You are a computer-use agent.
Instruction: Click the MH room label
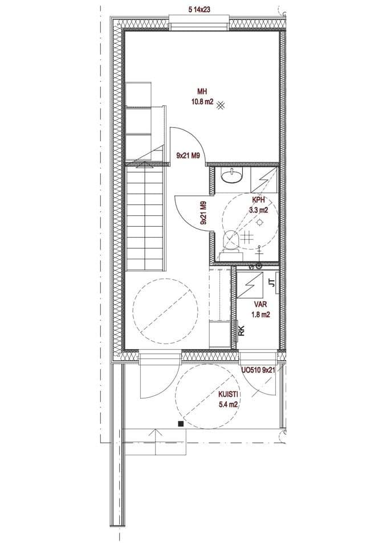pyautogui.click(x=202, y=92)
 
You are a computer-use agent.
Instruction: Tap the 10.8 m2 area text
pyautogui.click(x=202, y=102)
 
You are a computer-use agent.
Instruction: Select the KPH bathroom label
pyautogui.click(x=259, y=200)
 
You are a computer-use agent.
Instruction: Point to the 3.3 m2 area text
pyautogui.click(x=258, y=210)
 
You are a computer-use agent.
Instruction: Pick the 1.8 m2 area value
pyautogui.click(x=260, y=315)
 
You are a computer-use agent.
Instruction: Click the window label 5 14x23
pyautogui.click(x=199, y=10)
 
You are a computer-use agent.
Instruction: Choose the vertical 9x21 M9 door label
pyautogui.click(x=203, y=213)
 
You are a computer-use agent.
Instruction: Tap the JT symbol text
pyautogui.click(x=272, y=282)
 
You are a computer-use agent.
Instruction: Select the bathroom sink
pyautogui.click(x=231, y=175)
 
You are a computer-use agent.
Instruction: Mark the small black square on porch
pyautogui.click(x=181, y=424)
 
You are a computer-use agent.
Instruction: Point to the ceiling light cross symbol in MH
pyautogui.click(x=221, y=105)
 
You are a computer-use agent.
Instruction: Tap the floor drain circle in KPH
pyautogui.click(x=259, y=222)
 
